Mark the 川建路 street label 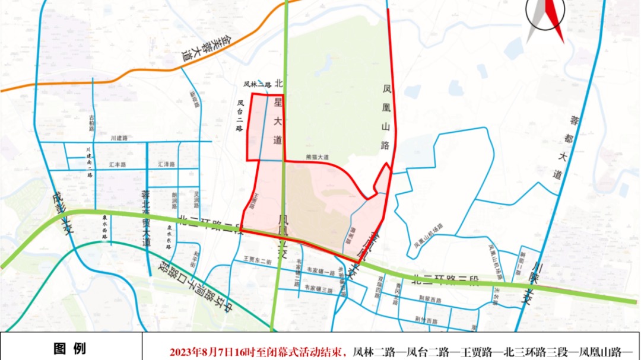tap(119, 138)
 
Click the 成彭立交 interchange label tap(62, 212)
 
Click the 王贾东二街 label tap(257, 259)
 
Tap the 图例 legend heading tap(69, 348)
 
